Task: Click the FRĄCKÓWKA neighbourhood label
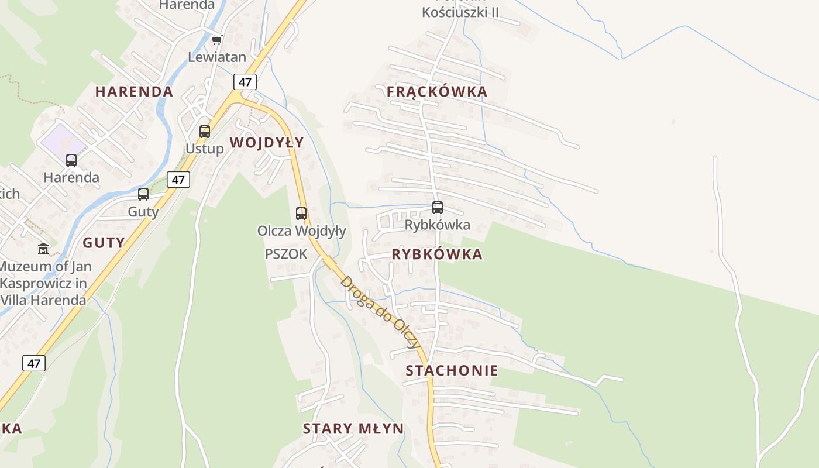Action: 436,91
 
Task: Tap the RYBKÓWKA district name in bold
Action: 437,254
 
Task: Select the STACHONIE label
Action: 452,370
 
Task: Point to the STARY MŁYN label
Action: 353,428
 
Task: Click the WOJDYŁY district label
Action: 267,142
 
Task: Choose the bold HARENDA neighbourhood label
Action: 134,91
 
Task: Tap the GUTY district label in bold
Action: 104,243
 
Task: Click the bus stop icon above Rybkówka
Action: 438,207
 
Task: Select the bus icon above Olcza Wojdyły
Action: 301,214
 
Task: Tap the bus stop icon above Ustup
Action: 205,132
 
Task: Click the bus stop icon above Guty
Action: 143,194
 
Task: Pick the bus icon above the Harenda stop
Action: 71,160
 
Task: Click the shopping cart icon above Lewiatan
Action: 217,40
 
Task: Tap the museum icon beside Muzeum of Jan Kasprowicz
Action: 43,249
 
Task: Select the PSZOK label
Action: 286,254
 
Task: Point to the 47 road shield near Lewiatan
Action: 245,82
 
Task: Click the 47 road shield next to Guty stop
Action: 178,180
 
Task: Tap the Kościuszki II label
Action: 460,12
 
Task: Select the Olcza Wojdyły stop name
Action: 302,231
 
